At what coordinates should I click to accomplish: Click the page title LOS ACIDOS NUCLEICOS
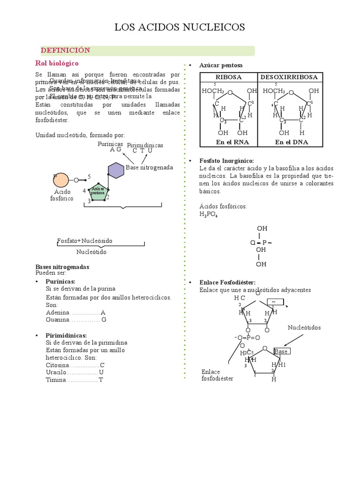[x=180, y=29]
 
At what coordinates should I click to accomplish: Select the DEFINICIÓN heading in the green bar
[x=65, y=50]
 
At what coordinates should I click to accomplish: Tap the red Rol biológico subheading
[x=57, y=63]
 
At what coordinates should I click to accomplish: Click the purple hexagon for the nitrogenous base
[x=116, y=170]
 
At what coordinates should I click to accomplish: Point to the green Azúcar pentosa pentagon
[x=98, y=193]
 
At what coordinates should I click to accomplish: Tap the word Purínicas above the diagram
[x=110, y=144]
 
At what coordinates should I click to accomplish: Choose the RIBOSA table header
[x=228, y=77]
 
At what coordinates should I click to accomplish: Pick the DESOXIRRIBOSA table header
[x=289, y=77]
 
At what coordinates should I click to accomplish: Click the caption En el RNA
[x=229, y=142]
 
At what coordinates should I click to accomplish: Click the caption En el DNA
[x=292, y=142]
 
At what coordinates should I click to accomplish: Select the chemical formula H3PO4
[x=208, y=214]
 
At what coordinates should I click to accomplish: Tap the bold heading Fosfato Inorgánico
[x=226, y=160]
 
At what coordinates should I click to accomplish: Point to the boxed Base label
[x=281, y=351]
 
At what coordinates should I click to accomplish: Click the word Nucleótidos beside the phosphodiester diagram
[x=304, y=328]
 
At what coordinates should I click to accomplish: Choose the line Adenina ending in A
[x=75, y=312]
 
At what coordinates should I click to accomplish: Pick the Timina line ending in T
[x=74, y=380]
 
